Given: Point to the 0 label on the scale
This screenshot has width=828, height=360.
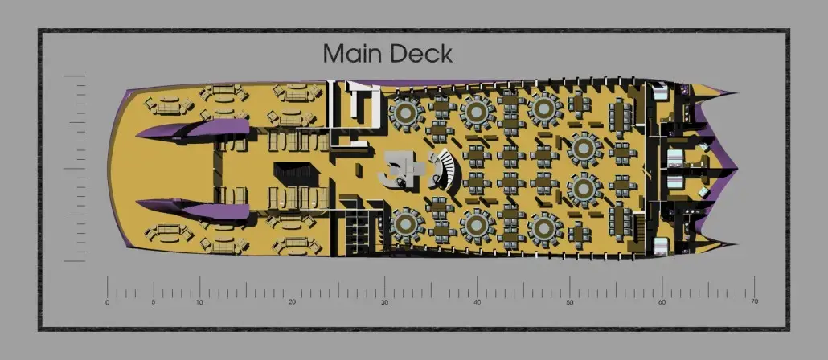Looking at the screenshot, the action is point(107,302).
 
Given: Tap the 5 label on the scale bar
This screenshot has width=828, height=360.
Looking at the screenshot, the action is point(153,302).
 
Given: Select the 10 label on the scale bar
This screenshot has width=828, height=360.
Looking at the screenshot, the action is point(199,302).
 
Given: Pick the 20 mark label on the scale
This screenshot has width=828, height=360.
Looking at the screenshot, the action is point(292,302).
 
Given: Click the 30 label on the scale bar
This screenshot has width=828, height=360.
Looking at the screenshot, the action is point(384,302).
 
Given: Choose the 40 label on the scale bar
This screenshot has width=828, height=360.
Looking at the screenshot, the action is point(477,302).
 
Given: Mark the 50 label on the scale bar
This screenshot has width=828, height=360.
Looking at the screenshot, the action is point(569,302).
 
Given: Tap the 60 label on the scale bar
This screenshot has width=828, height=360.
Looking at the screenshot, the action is point(662,302).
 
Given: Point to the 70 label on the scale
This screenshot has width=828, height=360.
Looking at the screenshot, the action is point(754,301).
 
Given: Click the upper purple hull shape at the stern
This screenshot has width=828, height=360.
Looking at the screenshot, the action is point(193,129).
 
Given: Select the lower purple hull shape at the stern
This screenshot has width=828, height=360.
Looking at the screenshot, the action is point(193,209).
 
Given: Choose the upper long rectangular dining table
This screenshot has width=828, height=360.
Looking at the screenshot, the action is point(620,117).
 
